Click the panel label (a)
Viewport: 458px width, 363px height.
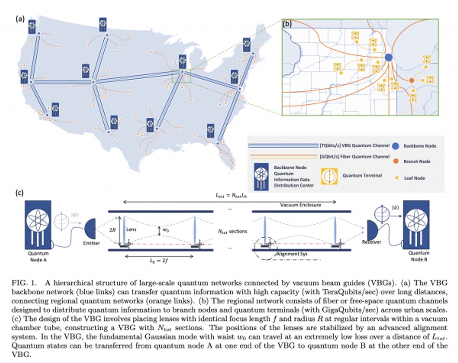(20, 19)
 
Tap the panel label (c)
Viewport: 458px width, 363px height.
(20, 193)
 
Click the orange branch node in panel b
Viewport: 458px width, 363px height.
(411, 81)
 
